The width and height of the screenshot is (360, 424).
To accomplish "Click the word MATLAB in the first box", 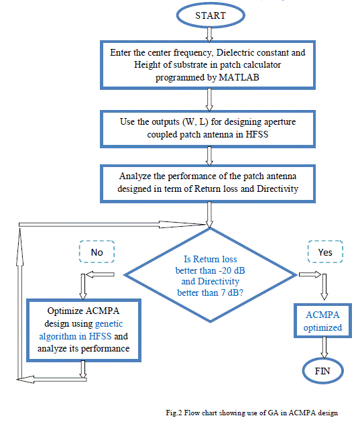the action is click(239, 77).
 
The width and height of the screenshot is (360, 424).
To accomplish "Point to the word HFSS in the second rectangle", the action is click(257, 134).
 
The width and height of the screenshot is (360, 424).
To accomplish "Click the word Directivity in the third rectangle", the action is click(278, 189).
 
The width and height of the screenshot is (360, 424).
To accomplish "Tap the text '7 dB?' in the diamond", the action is click(232, 293).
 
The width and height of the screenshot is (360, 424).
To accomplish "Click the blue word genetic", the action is click(109, 323).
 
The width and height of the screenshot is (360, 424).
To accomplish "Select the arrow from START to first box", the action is click(209, 34).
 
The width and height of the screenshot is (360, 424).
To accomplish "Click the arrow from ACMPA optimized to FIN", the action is click(324, 348).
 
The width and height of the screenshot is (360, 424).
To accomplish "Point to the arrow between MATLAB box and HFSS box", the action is click(209, 100).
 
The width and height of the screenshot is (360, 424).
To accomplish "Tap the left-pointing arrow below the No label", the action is click(101, 274).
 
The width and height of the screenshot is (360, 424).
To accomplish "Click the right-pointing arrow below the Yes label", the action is click(310, 274).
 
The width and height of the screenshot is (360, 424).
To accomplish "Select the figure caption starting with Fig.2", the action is click(251, 413).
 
